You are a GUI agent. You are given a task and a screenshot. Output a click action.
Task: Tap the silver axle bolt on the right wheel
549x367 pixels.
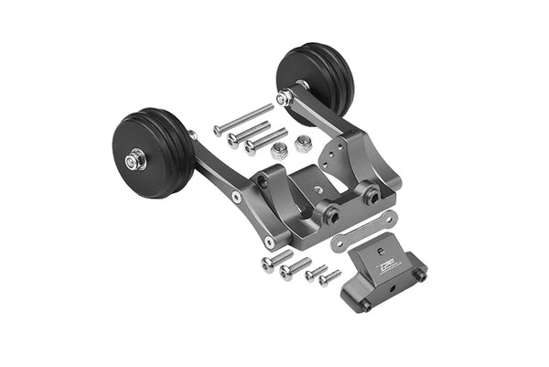[x=285, y=96]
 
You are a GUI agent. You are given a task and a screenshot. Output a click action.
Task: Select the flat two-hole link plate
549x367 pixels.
[x=363, y=229]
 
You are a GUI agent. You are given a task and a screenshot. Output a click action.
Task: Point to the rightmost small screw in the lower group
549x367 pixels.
[x=329, y=275]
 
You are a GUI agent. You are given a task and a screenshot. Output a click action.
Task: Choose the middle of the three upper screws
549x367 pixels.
[x=248, y=132]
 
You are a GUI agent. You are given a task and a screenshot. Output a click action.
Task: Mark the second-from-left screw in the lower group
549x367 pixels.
[x=296, y=268]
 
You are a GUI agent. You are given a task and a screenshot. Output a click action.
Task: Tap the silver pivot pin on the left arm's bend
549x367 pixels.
[x=237, y=197]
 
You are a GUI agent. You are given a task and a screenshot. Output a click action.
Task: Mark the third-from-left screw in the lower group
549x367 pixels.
[x=315, y=271]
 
